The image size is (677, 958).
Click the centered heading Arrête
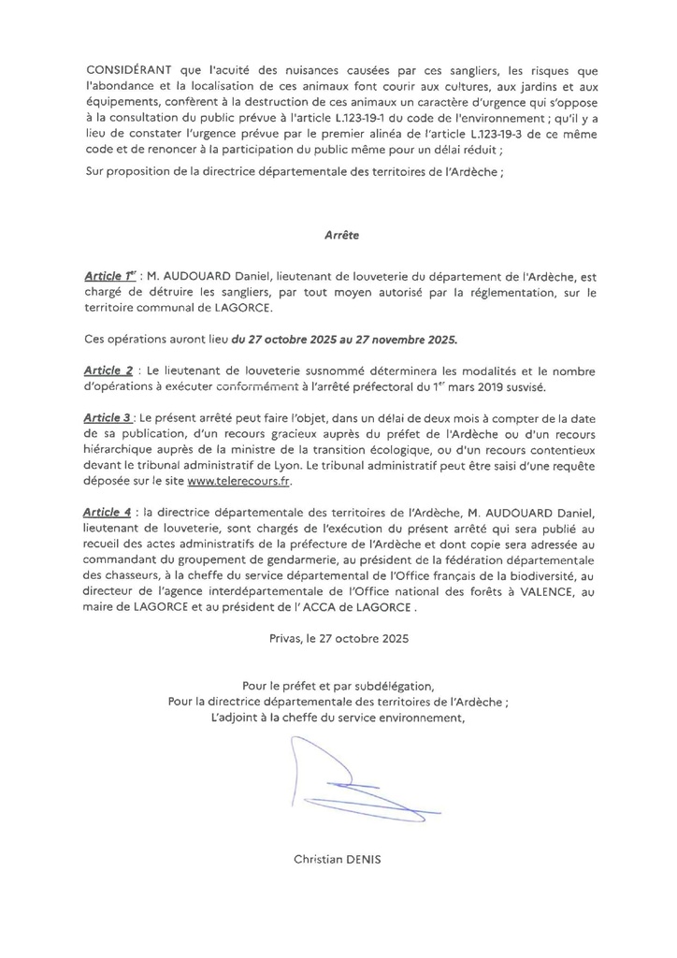click(x=338, y=237)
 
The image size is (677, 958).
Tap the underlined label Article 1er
click(x=109, y=278)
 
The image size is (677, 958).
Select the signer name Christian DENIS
click(x=337, y=857)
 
